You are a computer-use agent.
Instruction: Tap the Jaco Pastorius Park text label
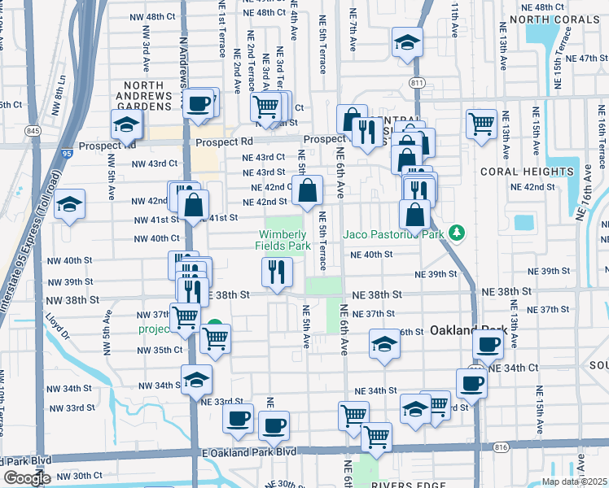(395, 234)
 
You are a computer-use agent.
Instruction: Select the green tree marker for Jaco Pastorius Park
(458, 234)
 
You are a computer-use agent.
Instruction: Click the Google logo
(27, 478)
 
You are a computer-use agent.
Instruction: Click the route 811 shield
(418, 84)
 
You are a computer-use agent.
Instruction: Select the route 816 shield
(501, 447)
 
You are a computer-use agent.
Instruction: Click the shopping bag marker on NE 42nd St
(308, 191)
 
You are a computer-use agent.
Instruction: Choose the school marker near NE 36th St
(384, 344)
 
